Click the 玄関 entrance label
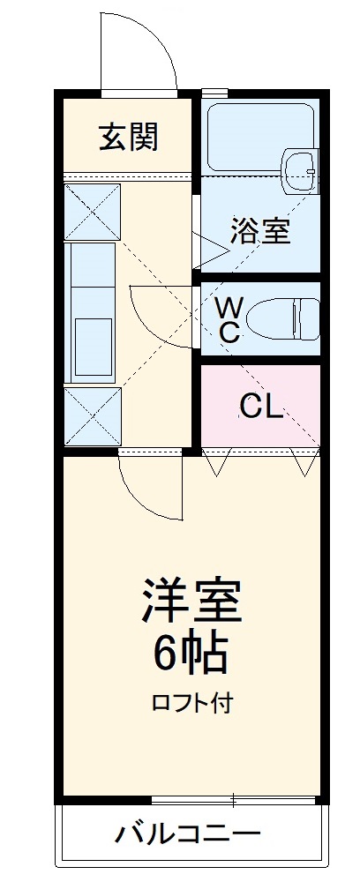pos(128,138)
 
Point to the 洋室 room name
pos(191,602)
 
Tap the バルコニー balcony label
pos(187,833)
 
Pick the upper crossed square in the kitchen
pos(91,211)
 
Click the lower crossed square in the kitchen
pos(91,415)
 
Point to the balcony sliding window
pos(233,801)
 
